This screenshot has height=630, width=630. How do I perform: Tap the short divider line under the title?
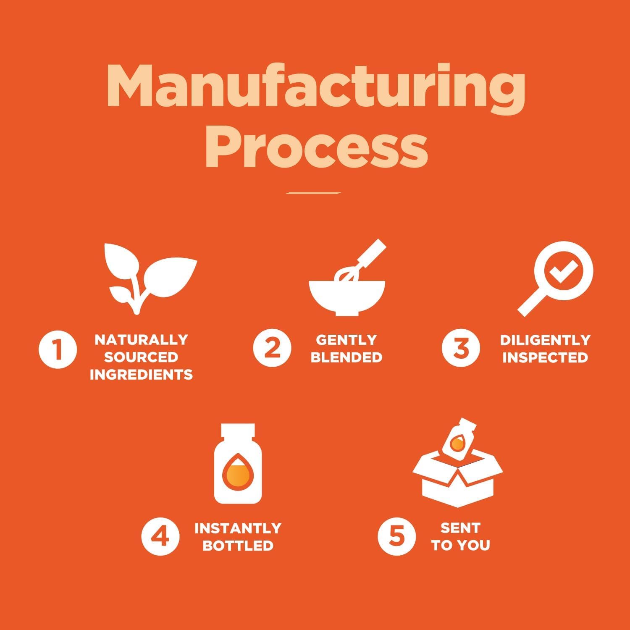click(313, 193)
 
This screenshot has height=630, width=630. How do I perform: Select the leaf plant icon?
click(150, 278)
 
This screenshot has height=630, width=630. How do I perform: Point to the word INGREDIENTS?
click(141, 375)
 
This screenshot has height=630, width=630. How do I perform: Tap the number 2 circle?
click(272, 348)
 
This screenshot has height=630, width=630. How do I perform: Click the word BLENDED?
click(346, 357)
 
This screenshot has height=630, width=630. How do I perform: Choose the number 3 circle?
click(461, 348)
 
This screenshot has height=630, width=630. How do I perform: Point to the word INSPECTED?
click(545, 357)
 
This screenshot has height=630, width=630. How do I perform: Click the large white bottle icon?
click(238, 464)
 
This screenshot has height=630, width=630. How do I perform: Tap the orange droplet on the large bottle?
click(238, 471)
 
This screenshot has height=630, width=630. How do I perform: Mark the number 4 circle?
click(160, 536)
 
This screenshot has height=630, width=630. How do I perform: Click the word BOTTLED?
click(238, 546)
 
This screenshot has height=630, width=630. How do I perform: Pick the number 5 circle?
click(396, 536)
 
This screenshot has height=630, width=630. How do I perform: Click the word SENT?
click(460, 528)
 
